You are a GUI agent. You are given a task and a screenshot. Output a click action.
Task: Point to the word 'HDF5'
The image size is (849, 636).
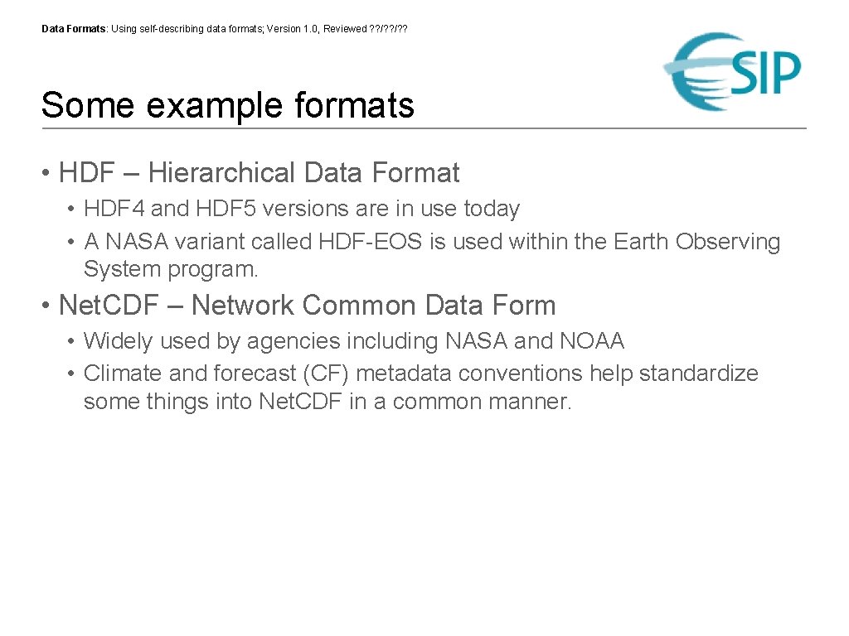tap(213, 209)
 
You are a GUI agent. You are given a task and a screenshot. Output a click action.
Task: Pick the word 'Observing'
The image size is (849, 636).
tap(728, 242)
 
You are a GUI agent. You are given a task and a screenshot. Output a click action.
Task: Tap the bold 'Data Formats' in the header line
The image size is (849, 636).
tap(74, 29)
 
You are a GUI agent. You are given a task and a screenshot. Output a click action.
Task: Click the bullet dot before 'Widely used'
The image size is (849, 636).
tap(72, 341)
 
